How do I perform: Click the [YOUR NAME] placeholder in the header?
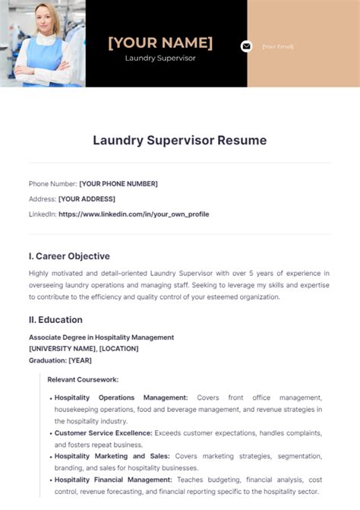pyautogui.click(x=160, y=43)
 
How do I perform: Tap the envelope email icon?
pyautogui.click(x=246, y=46)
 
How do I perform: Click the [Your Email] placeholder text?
pyautogui.click(x=278, y=46)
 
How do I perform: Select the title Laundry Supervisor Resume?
pyautogui.click(x=180, y=141)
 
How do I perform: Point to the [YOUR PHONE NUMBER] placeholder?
pyautogui.click(x=118, y=184)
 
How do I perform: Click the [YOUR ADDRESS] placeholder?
pyautogui.click(x=87, y=199)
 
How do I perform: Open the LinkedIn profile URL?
pyautogui.click(x=134, y=214)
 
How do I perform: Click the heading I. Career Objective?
pyautogui.click(x=69, y=256)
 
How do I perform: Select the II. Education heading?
pyautogui.click(x=55, y=320)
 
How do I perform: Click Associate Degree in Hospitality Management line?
pyautogui.click(x=101, y=337)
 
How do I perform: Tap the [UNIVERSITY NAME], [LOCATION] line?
pyautogui.click(x=84, y=349)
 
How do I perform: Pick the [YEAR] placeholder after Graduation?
pyautogui.click(x=81, y=360)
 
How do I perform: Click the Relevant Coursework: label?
pyautogui.click(x=83, y=379)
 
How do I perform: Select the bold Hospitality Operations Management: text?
pyautogui.click(x=121, y=398)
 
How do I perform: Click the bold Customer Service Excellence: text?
pyautogui.click(x=103, y=433)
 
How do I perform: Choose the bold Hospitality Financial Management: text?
pyautogui.click(x=115, y=480)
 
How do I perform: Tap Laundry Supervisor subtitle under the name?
pyautogui.click(x=160, y=59)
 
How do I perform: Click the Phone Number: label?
pyautogui.click(x=52, y=184)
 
